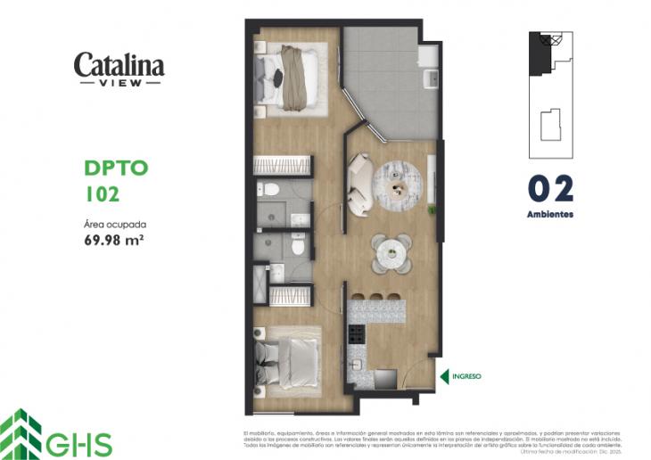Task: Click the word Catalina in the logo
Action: (119, 64)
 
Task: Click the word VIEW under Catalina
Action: (119, 82)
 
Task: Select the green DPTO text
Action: (115, 168)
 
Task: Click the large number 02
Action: (549, 189)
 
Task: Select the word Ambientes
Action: (549, 215)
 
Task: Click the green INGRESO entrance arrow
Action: (444, 377)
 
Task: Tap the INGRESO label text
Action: (466, 377)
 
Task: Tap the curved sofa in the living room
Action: (360, 184)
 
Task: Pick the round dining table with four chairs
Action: (392, 253)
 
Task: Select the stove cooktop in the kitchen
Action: (356, 335)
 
